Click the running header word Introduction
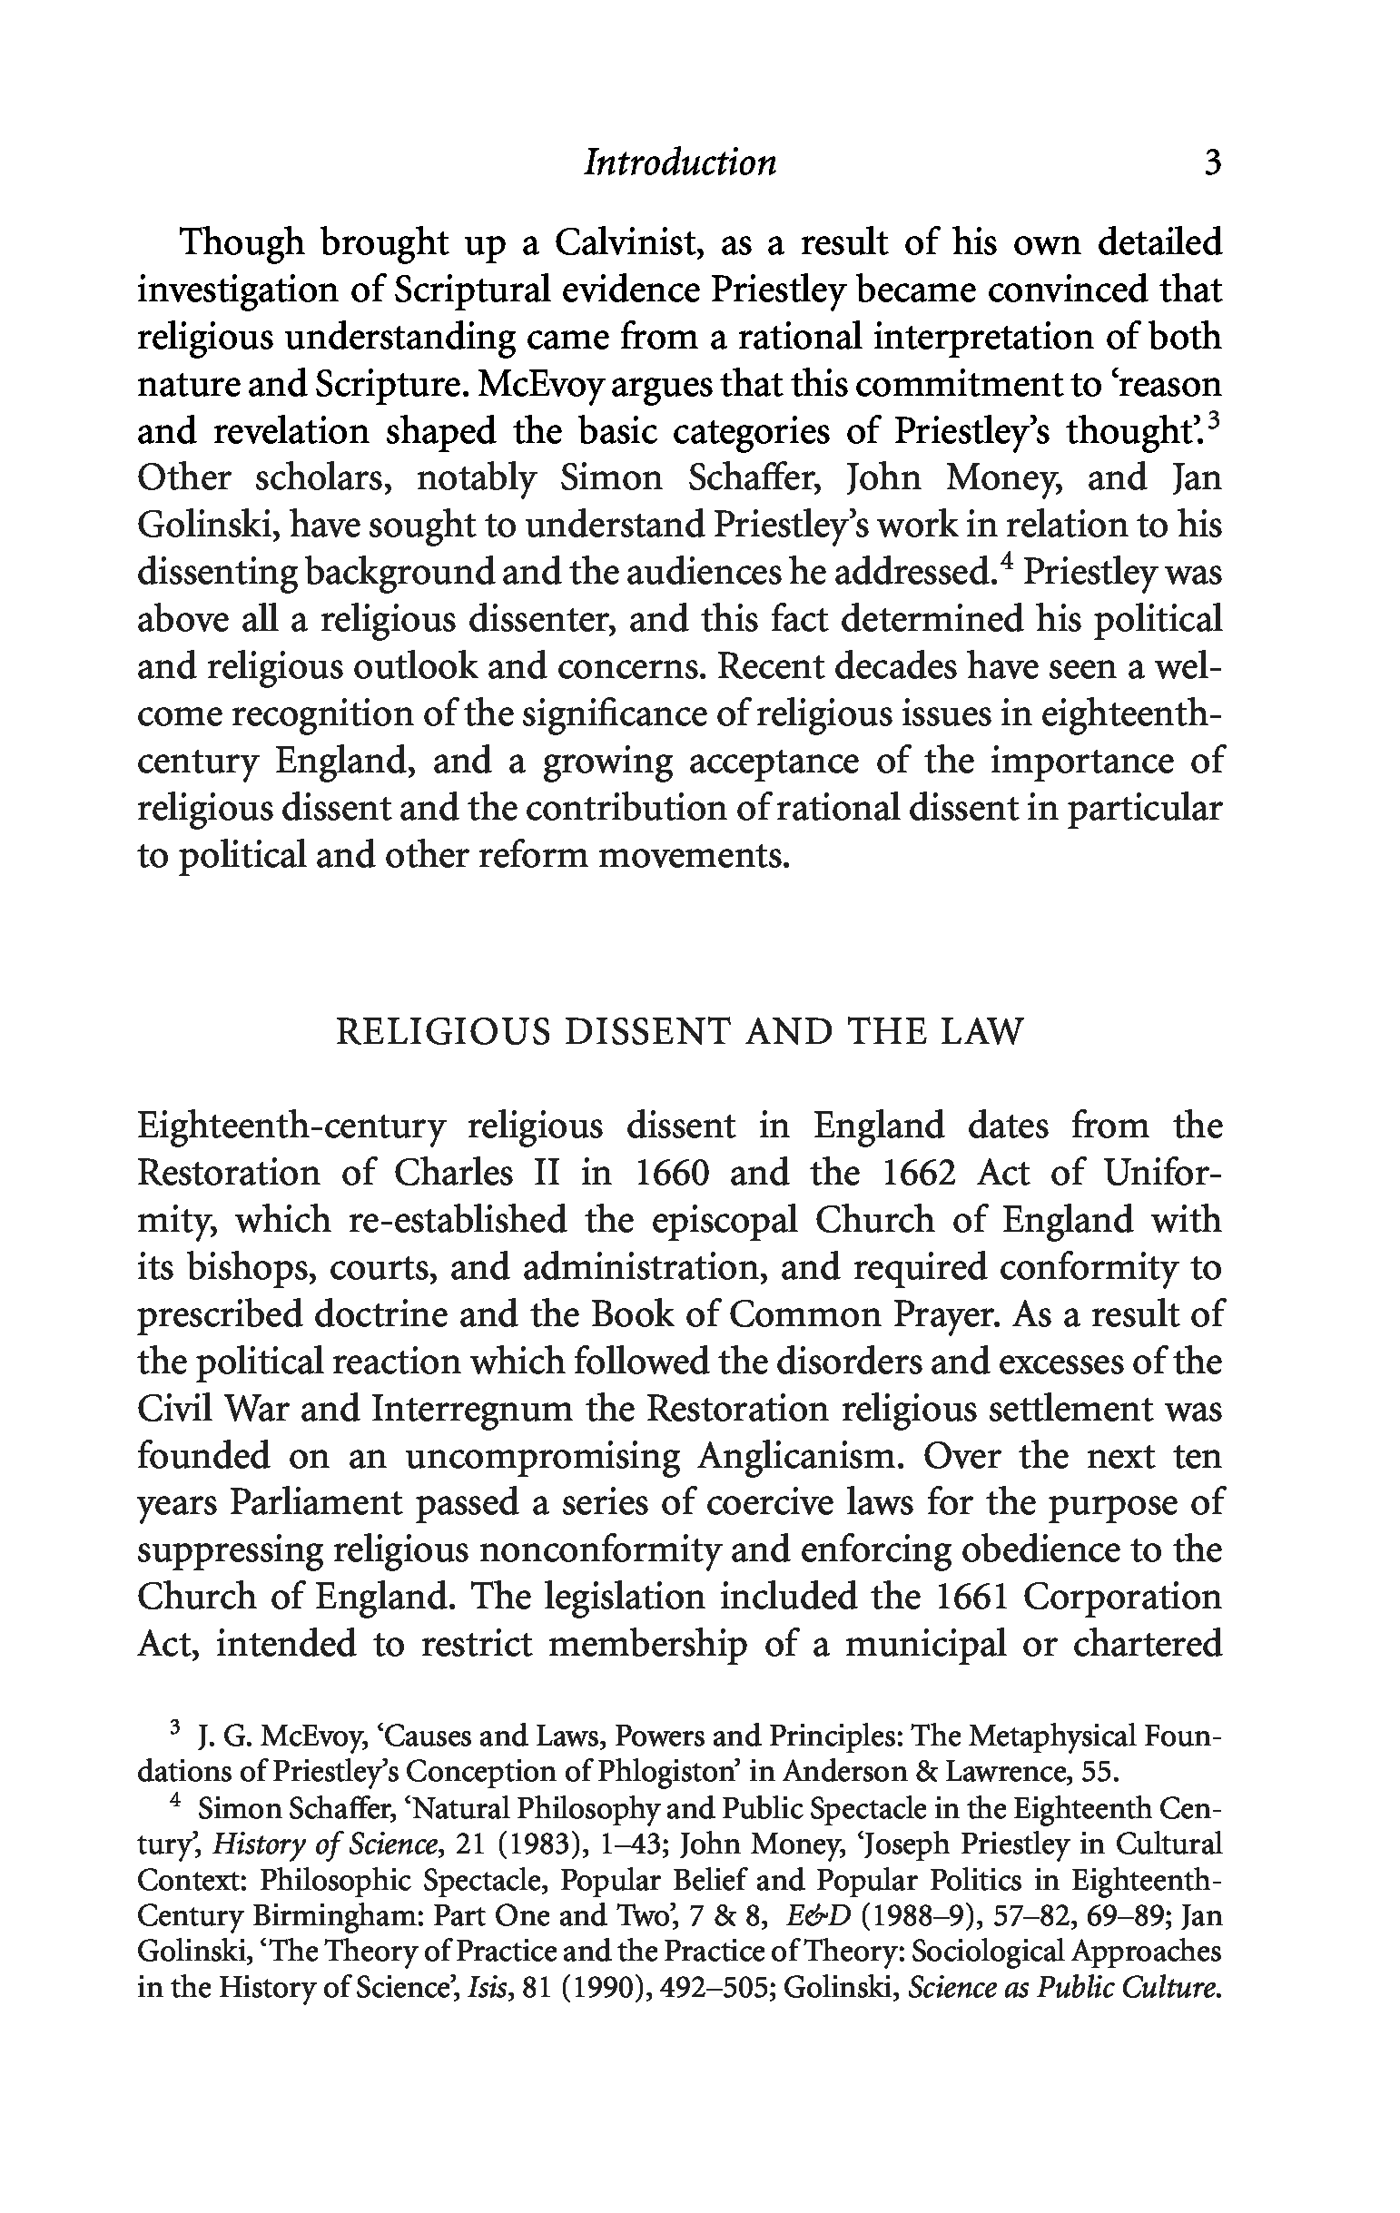tap(680, 162)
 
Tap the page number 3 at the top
tap(1211, 162)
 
